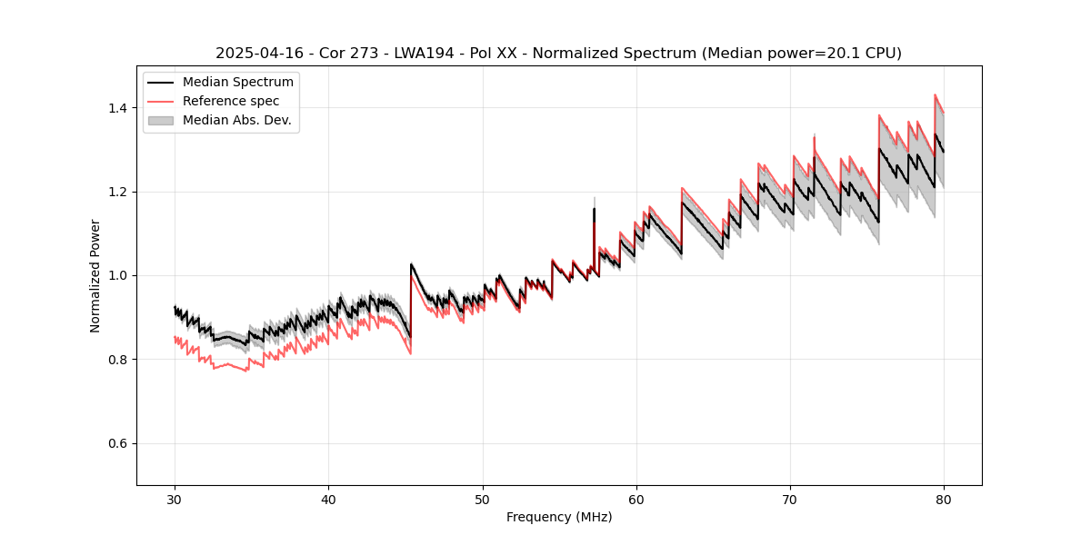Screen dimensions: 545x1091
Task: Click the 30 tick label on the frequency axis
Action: (175, 500)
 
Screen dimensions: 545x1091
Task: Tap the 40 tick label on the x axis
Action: (328, 500)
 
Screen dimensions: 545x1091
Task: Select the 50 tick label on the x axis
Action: (483, 500)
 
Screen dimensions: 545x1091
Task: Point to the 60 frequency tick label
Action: (636, 500)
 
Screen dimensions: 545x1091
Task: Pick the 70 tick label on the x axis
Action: (790, 500)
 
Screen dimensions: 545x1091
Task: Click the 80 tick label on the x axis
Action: (944, 500)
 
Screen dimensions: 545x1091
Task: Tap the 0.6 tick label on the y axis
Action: (116, 443)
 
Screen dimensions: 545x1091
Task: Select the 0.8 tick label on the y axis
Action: (116, 360)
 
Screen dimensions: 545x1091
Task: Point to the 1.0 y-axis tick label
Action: (116, 275)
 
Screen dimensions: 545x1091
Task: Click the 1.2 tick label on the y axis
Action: (116, 192)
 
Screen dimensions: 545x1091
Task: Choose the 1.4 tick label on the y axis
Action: (116, 108)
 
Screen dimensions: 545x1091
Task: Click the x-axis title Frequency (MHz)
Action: (559, 517)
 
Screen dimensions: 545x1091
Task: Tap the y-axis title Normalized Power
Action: (95, 275)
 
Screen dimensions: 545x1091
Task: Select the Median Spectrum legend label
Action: (238, 83)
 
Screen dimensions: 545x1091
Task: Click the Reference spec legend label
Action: (231, 101)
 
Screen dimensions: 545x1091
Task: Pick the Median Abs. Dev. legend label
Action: (237, 120)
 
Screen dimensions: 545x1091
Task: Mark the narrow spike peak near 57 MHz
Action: (594, 198)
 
